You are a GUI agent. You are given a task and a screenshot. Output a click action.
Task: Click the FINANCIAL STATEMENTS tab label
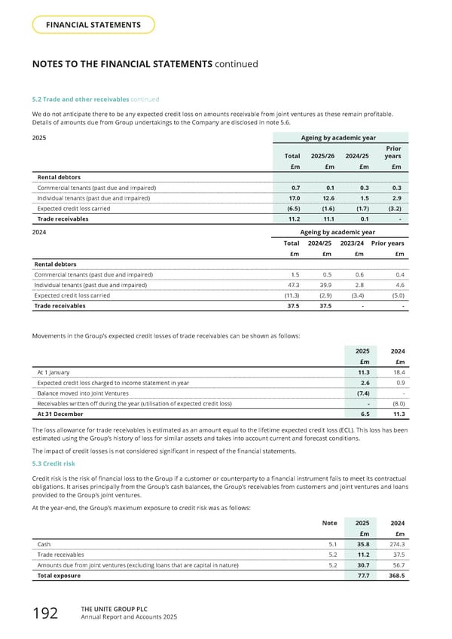point(94,25)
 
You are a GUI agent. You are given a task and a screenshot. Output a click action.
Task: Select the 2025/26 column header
point(322,155)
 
